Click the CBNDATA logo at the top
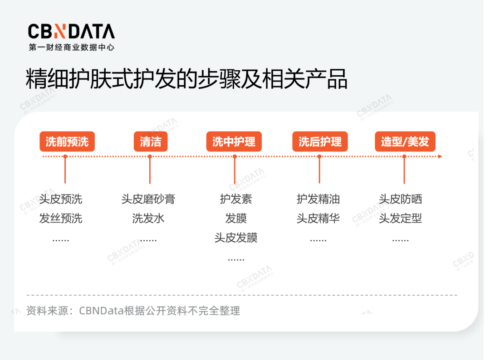[x=71, y=37]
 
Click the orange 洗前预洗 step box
[x=67, y=141]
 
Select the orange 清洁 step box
[x=151, y=141]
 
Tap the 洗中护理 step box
[x=234, y=141]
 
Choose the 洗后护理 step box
[x=320, y=141]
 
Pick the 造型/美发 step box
[x=405, y=141]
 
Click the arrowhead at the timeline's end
[x=440, y=156]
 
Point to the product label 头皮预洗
[x=61, y=199]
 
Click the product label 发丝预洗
[x=61, y=218]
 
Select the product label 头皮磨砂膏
[x=148, y=199]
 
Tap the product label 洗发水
[x=148, y=218]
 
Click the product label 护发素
[x=236, y=199]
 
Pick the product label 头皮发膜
[x=236, y=238]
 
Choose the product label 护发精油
[x=318, y=199]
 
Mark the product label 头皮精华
[x=318, y=218]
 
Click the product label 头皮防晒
[x=400, y=199]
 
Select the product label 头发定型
[x=400, y=218]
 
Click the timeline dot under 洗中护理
[x=235, y=156]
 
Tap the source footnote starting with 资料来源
[x=133, y=311]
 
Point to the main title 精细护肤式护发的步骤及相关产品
[x=186, y=79]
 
